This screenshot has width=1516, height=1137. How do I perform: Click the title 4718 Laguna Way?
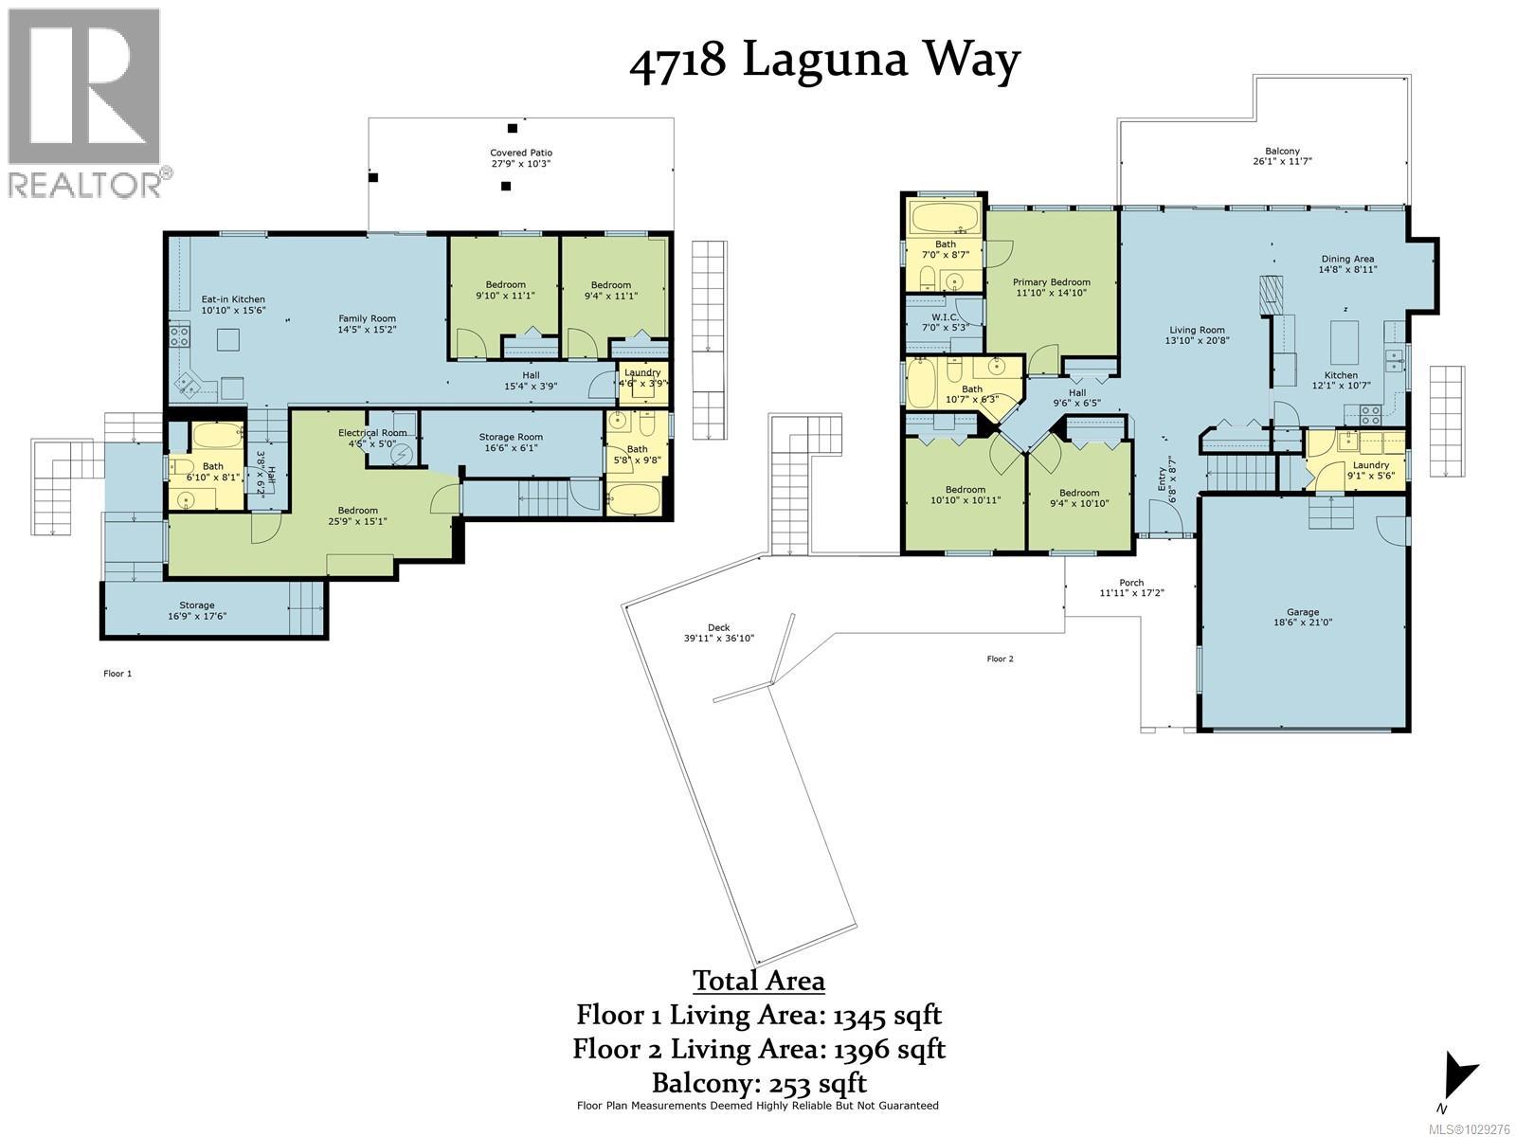[824, 61]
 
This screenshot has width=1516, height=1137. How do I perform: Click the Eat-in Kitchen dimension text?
[233, 310]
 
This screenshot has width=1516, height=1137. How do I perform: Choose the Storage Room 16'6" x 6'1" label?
[510, 442]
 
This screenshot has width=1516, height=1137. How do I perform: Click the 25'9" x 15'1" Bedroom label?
[358, 515]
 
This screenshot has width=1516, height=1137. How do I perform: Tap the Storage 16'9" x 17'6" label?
[197, 610]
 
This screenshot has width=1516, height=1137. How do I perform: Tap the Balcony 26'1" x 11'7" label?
[1282, 156]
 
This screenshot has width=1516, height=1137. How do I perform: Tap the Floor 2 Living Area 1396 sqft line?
[759, 1049]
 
